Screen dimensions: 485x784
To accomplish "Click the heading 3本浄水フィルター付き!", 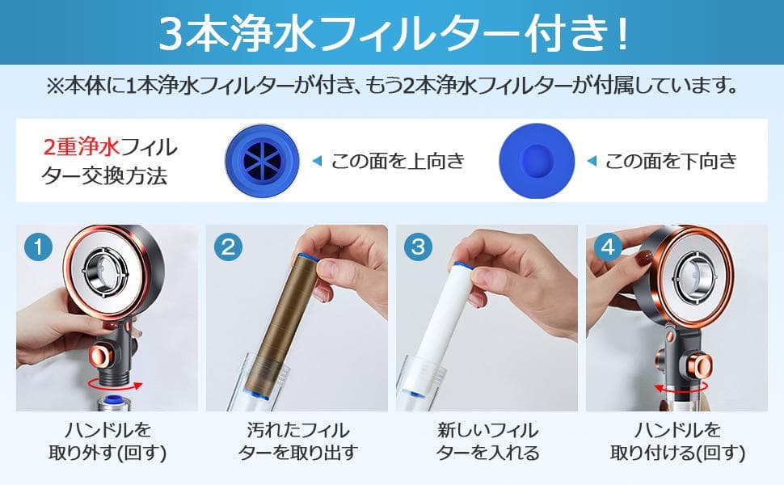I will (x=391, y=32).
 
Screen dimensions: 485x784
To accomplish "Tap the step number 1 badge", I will (x=37, y=247).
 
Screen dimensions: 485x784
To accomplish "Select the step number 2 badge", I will (x=227, y=247).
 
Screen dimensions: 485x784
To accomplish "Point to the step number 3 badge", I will (x=417, y=247).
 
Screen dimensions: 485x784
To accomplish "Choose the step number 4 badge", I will (x=607, y=247).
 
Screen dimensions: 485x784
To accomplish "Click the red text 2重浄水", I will (x=81, y=148).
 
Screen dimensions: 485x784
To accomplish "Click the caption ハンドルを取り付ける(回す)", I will (x=677, y=441).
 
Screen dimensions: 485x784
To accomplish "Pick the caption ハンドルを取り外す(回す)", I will (x=107, y=441).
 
